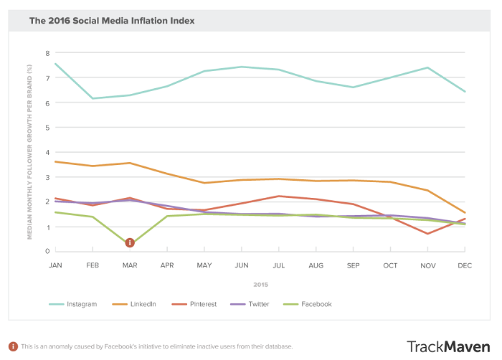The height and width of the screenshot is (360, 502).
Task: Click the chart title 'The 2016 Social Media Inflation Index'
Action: coord(111,21)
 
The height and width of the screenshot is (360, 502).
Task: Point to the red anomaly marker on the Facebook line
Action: coord(130,243)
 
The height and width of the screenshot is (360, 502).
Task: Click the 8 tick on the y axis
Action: coord(47,53)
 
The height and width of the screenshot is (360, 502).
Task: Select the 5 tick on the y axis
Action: coord(47,128)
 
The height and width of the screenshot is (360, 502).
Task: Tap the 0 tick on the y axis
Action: coord(47,251)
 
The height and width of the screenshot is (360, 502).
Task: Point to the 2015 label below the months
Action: coord(260,284)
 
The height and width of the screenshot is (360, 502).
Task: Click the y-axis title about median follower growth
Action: coord(30,151)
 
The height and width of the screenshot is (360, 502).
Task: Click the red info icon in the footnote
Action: coord(13,346)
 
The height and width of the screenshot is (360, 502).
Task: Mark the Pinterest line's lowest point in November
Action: coord(428,233)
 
